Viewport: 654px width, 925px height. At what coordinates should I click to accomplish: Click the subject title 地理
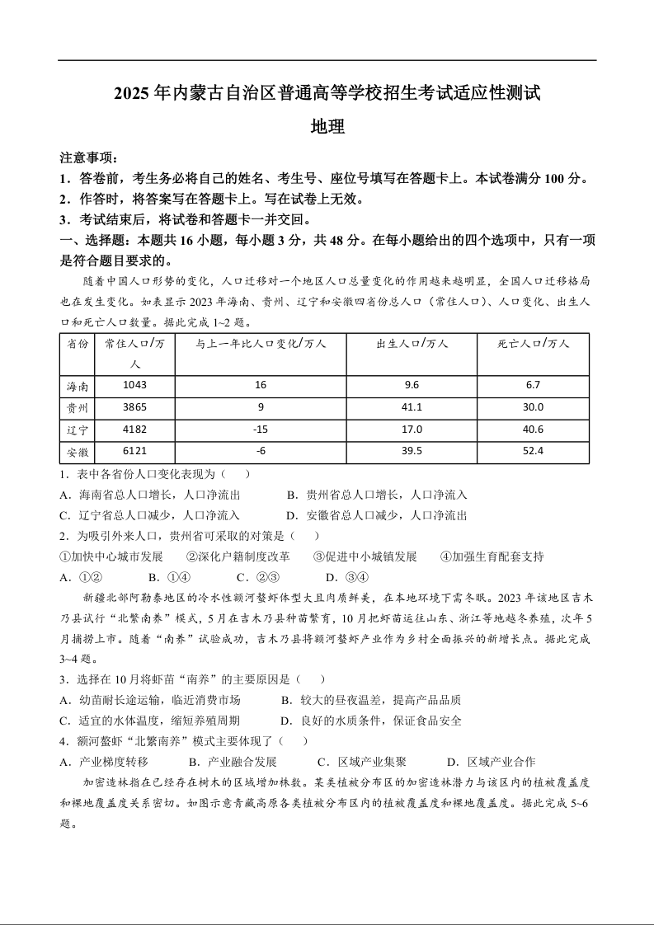[x=327, y=127]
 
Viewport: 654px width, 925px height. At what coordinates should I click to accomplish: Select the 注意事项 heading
[x=89, y=157]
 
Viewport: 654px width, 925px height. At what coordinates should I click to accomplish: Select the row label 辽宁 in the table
[x=78, y=430]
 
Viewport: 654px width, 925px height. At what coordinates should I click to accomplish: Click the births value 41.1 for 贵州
[x=411, y=407]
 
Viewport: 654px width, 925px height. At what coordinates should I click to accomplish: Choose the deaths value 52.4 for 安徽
[x=533, y=451]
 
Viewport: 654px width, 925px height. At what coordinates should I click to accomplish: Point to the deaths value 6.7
[x=533, y=385]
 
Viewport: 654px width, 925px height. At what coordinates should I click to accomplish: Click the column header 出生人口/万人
[x=411, y=344]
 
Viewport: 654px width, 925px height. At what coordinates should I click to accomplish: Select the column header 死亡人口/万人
[x=533, y=344]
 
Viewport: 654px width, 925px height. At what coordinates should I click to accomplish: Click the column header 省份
[x=78, y=344]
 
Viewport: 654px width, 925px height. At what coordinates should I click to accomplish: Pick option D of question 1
[x=377, y=515]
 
